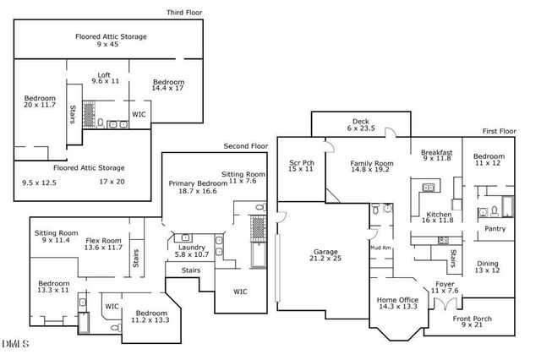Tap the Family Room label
coord(373,162)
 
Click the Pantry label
coord(495,228)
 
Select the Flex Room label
coord(103,240)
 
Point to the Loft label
coord(104,75)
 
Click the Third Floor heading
coord(183,13)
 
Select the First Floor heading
coord(499,131)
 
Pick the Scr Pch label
coord(302,161)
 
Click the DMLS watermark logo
coord(15,344)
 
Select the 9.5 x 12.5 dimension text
coord(39,182)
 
